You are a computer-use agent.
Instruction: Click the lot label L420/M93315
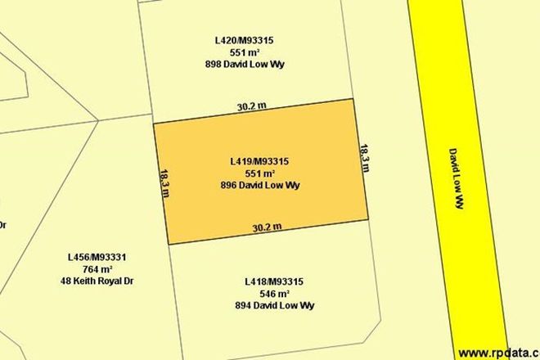tap(249, 40)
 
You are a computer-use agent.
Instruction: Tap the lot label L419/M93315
tap(261, 161)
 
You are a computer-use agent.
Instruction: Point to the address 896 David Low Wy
tap(261, 185)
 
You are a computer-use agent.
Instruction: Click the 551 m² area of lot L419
tap(261, 173)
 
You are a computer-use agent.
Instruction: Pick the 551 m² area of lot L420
tap(249, 52)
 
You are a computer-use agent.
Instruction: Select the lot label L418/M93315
tap(274, 282)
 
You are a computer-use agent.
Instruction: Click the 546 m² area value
tap(274, 294)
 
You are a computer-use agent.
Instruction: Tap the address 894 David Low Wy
tap(274, 306)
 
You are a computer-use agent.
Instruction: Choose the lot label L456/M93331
tap(97, 257)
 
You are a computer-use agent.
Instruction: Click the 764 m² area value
tap(97, 269)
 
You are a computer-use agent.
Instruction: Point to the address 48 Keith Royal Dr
tap(97, 281)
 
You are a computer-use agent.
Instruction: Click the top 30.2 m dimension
tap(253, 106)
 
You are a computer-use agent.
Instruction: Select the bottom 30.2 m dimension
tap(268, 227)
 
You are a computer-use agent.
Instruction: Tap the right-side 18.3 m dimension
tap(365, 159)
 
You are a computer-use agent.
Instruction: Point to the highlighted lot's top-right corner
tap(353, 99)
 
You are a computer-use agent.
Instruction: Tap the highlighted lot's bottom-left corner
tap(169, 244)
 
